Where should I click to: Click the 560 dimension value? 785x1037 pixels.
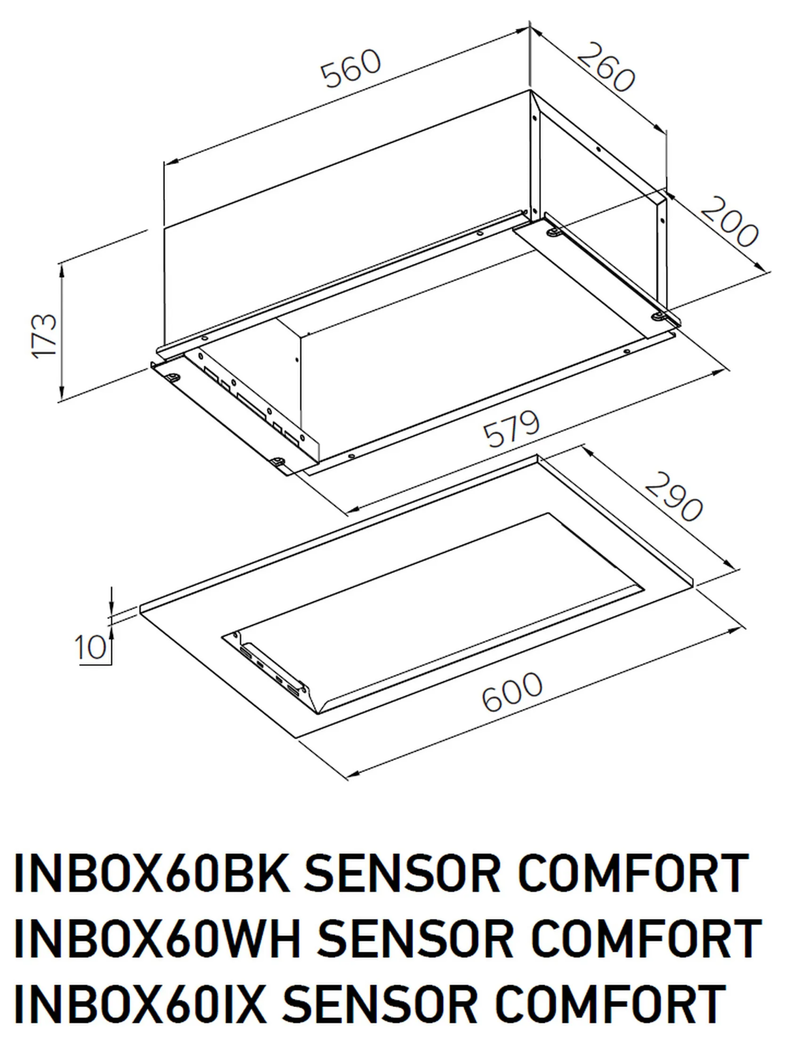(x=351, y=67)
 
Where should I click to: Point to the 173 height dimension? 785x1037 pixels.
(x=44, y=334)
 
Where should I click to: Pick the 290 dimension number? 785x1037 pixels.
(x=674, y=497)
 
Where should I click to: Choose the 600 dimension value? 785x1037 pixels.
(x=512, y=692)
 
